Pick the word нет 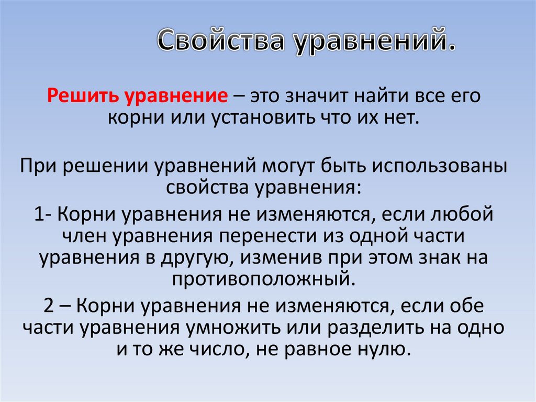[403, 117]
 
